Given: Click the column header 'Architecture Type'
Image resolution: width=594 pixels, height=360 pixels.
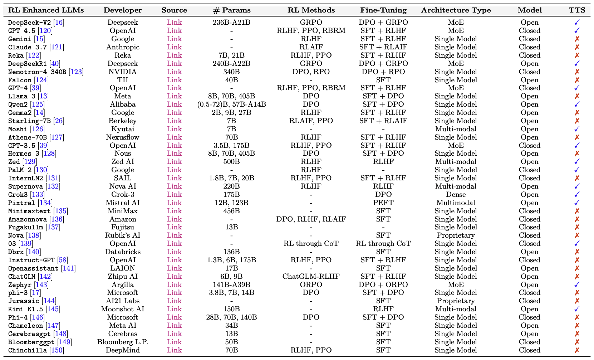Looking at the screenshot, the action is (x=456, y=10).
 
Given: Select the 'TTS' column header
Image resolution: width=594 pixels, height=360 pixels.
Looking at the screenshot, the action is (x=577, y=10).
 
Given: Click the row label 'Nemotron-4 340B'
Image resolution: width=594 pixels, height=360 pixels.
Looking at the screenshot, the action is (x=37, y=72).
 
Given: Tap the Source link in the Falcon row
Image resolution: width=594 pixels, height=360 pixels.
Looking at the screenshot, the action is (x=174, y=80).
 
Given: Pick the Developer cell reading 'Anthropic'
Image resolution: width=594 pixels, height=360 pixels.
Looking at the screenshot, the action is (x=123, y=47).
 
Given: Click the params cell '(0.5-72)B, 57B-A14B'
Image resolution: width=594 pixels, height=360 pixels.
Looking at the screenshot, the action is (x=231, y=104).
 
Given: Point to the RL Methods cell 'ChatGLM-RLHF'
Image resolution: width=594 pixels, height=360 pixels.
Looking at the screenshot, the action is (x=311, y=276).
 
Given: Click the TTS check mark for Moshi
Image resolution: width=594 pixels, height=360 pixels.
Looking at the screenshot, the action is (x=577, y=129).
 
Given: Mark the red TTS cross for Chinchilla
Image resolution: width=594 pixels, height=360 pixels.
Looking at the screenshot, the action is (x=577, y=350).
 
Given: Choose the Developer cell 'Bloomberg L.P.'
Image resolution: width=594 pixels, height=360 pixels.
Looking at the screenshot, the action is (x=123, y=342).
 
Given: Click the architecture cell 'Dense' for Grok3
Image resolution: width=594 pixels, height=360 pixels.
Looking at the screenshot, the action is (x=456, y=194).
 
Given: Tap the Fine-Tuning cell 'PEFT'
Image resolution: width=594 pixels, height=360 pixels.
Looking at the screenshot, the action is (x=383, y=203).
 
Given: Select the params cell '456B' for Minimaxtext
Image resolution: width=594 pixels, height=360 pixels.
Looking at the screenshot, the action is (x=231, y=211).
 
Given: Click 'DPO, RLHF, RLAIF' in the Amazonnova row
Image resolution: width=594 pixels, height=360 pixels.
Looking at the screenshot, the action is (x=311, y=219).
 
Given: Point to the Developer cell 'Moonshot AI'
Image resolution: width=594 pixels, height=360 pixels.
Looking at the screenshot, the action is (x=123, y=309).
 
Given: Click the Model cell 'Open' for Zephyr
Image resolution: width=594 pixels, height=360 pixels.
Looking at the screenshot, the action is (x=530, y=284).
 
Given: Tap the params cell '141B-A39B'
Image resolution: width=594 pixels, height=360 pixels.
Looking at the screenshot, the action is (x=231, y=284).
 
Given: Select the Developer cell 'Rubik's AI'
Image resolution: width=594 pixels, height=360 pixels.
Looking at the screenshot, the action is (x=123, y=235).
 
